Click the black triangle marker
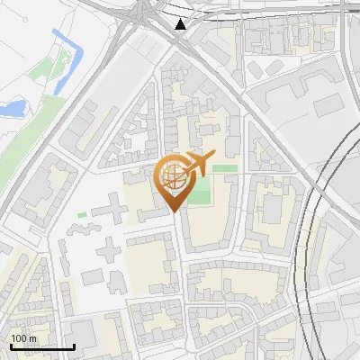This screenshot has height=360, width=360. pos(181,23)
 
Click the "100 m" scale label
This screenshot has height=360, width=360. pos(23,338)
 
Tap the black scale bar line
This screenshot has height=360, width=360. pos(41,346)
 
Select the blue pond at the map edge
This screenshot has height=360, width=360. pos(12,109)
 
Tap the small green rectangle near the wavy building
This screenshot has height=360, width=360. pos(82,214)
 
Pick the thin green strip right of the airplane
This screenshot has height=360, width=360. pos(225,168)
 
